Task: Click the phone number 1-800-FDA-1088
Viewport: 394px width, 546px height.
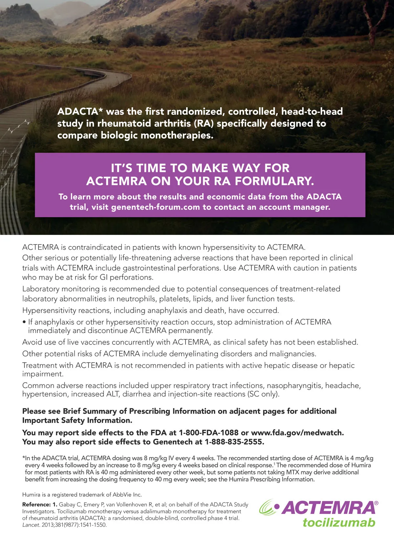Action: coord(208,433)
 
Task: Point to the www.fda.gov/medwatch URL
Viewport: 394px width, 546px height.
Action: coord(297,433)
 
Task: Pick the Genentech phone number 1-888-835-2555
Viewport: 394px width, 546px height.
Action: coord(234,442)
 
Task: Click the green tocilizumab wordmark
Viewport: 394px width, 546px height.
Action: coord(339,522)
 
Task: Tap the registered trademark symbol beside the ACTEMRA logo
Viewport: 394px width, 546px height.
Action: coord(376,503)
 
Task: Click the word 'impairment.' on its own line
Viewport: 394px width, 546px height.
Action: coord(43,374)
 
